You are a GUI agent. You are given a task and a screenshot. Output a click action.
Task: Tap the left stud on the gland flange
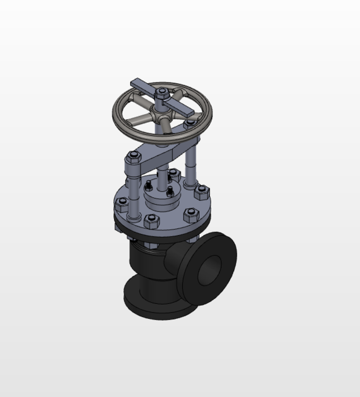pos(149,186)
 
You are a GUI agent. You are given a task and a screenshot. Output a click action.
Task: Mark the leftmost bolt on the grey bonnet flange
pos(121,206)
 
